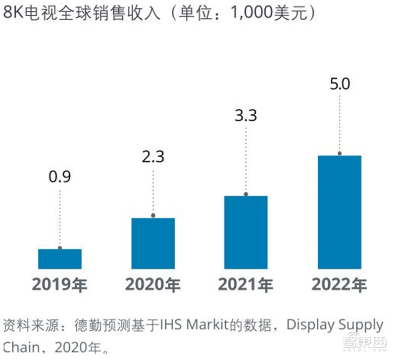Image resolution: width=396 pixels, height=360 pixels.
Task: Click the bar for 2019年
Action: click(60, 259)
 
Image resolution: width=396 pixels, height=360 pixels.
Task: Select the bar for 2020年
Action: click(153, 243)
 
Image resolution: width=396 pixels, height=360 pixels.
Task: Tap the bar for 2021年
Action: click(246, 232)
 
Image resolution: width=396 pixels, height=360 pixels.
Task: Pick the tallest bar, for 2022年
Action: click(339, 212)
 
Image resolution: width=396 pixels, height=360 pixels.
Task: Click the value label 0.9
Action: click(60, 177)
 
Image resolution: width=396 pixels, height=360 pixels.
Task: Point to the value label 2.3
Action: click(153, 157)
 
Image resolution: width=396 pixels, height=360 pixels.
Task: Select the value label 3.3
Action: click(246, 117)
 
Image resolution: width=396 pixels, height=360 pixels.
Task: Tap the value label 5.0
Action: click(339, 83)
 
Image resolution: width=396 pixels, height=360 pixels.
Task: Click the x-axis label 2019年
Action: click(60, 285)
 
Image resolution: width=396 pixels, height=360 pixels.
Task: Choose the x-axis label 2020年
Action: click(153, 285)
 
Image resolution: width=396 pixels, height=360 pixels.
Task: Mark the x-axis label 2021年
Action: click(246, 285)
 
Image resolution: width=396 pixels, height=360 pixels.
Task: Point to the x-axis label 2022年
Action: click(339, 285)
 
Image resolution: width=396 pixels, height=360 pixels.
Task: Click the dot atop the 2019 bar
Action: click(60, 248)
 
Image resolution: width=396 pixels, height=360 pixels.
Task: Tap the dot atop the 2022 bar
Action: click(339, 154)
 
